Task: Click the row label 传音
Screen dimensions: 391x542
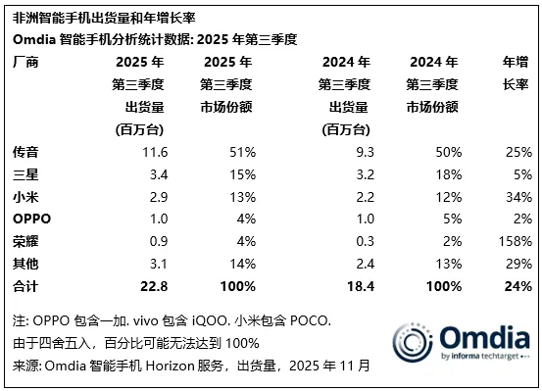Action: (25, 152)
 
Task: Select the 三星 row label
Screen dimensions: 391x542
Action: (25, 174)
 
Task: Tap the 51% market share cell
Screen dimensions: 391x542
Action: (241, 152)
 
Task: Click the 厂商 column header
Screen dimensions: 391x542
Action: (25, 61)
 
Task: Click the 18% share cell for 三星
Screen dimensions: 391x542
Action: (448, 174)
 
